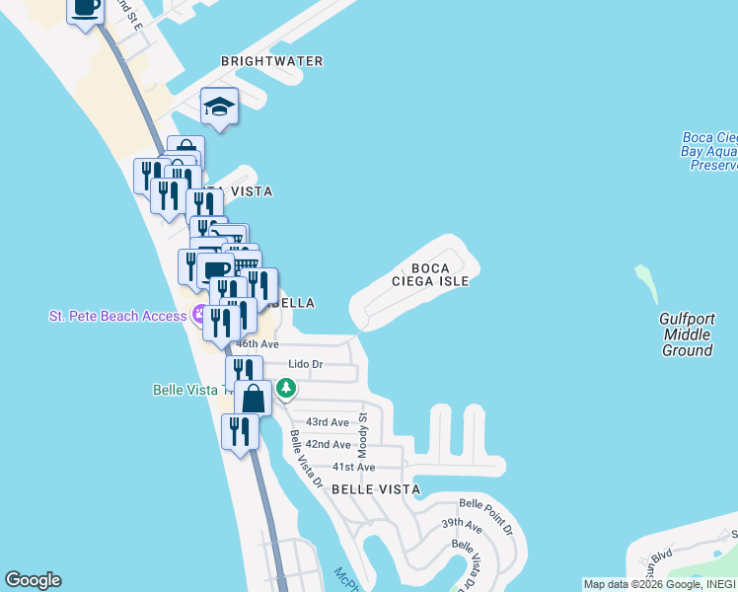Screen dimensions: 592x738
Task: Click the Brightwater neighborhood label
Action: pos(271,61)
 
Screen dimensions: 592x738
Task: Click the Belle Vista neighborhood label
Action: pos(375,489)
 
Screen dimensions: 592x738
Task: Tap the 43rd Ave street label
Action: pos(328,422)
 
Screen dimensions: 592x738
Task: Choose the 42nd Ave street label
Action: pos(328,445)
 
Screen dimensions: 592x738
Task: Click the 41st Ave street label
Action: pos(353,467)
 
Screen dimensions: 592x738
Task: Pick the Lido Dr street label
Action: pos(305,364)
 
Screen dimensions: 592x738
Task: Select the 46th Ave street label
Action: pos(257,344)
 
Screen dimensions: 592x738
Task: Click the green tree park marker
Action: pos(286,389)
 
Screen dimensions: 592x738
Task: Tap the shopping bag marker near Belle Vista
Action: pos(254,399)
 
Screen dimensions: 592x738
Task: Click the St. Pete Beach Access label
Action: pos(117,316)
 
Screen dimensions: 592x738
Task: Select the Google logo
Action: pos(33,580)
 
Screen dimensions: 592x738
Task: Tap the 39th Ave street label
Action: pos(460,523)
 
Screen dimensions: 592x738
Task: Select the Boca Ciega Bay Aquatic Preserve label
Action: pos(708,152)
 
